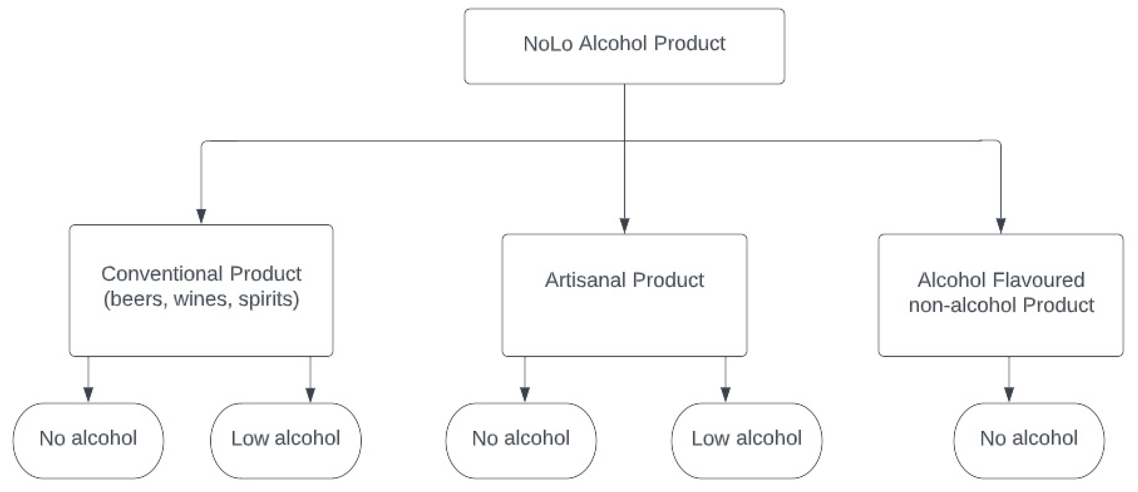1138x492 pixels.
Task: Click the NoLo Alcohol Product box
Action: coord(624,46)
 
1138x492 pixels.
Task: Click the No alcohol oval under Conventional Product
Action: coord(88,441)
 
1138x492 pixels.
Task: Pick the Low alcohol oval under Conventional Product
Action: coord(285,441)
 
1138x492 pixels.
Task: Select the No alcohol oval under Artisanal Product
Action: coord(521,441)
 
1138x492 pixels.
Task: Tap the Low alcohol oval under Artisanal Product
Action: coord(746,441)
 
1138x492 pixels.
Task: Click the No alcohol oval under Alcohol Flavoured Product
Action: coord(1029,441)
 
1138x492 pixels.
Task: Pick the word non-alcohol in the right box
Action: coord(963,305)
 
